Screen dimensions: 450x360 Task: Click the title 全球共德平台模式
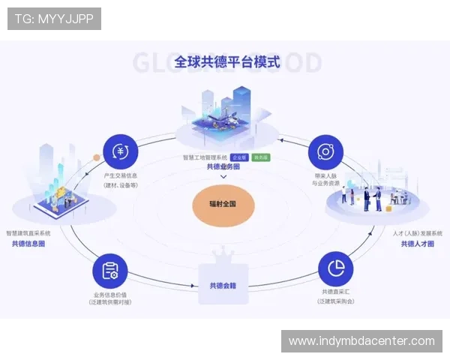tap(226, 61)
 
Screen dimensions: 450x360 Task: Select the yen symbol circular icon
tap(120, 151)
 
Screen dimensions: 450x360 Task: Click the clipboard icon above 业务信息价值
tap(110, 271)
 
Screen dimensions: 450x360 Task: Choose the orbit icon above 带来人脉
tap(325, 151)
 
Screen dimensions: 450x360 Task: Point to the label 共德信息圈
tap(28, 244)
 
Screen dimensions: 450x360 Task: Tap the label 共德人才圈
tap(417, 244)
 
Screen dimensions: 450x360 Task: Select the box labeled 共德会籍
tap(223, 286)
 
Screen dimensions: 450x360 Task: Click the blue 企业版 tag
tap(239, 157)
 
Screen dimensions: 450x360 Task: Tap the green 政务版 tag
tap(262, 157)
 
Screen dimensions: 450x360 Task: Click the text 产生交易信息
tap(120, 175)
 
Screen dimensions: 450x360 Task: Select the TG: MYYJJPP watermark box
tap(54, 18)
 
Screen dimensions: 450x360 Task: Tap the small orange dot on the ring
tap(96, 157)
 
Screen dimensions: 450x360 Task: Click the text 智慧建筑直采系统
tap(28, 233)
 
